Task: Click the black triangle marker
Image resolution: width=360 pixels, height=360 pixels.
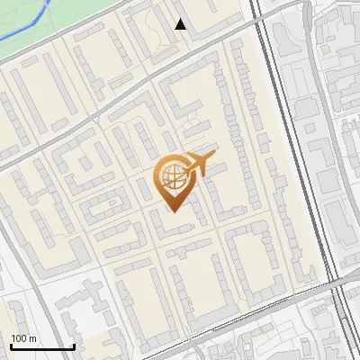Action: click(x=181, y=24)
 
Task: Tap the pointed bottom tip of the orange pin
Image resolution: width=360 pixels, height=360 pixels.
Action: click(x=171, y=211)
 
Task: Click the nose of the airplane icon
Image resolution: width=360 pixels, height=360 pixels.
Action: click(x=213, y=158)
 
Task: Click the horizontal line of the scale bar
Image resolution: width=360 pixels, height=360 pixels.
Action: click(x=42, y=347)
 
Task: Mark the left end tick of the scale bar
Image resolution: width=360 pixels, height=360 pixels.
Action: click(x=11, y=345)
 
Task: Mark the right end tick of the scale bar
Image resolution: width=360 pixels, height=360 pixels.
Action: click(x=74, y=345)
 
